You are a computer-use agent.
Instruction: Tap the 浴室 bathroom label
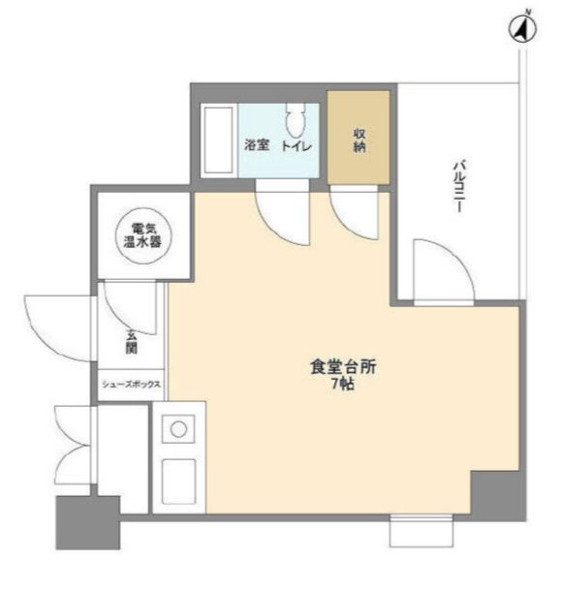coord(256,145)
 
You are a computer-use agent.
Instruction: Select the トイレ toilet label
coord(296,145)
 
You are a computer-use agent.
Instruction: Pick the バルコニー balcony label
coord(456,184)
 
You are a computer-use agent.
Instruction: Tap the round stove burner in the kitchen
coord(177,426)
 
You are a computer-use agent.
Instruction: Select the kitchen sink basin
coord(178,479)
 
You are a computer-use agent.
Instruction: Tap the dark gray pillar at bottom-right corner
coord(497,493)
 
